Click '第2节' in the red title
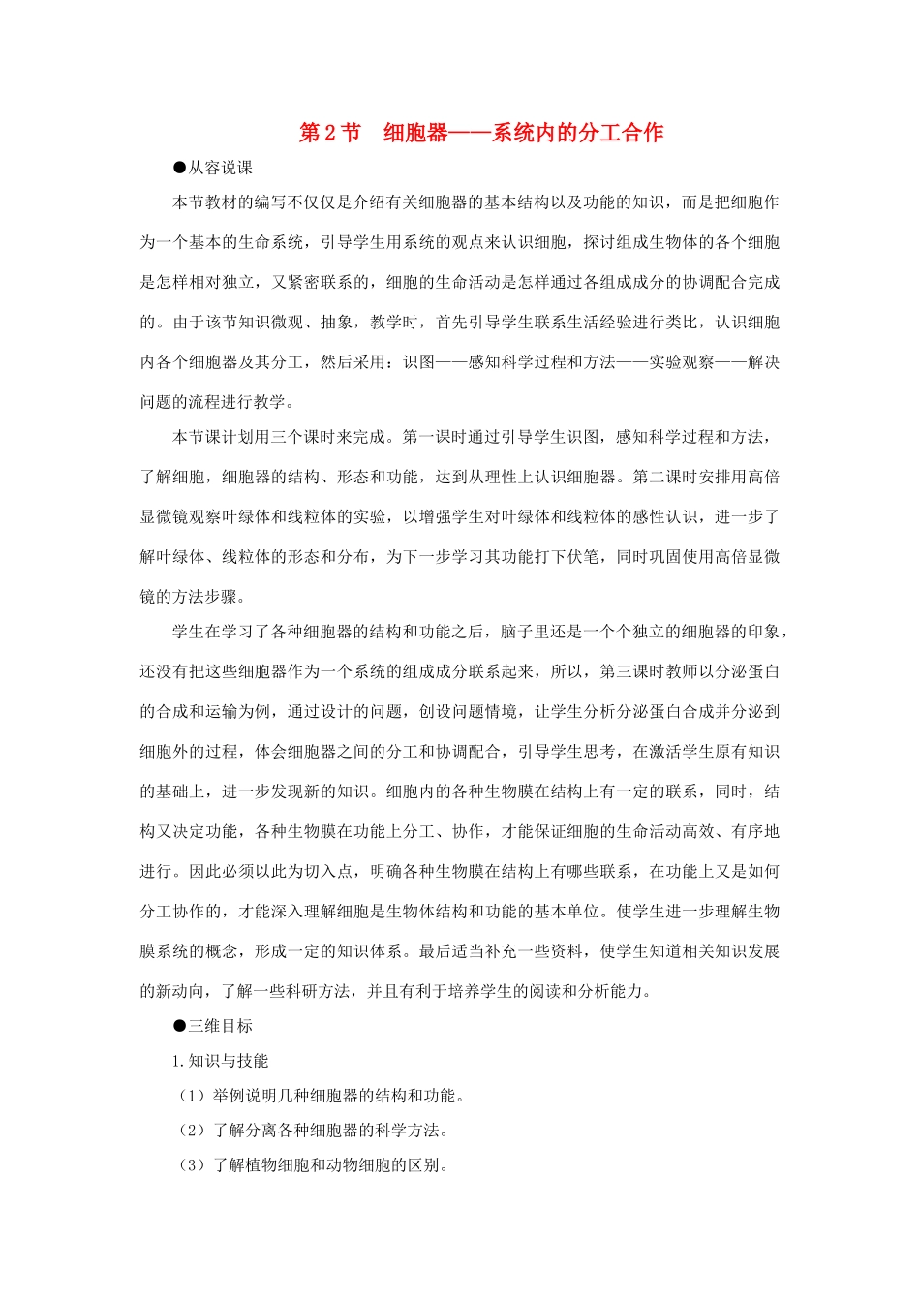329,133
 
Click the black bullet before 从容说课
179,168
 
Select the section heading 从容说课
220,168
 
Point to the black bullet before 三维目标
179,1026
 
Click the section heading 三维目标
220,1026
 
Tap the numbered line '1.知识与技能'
220,1061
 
